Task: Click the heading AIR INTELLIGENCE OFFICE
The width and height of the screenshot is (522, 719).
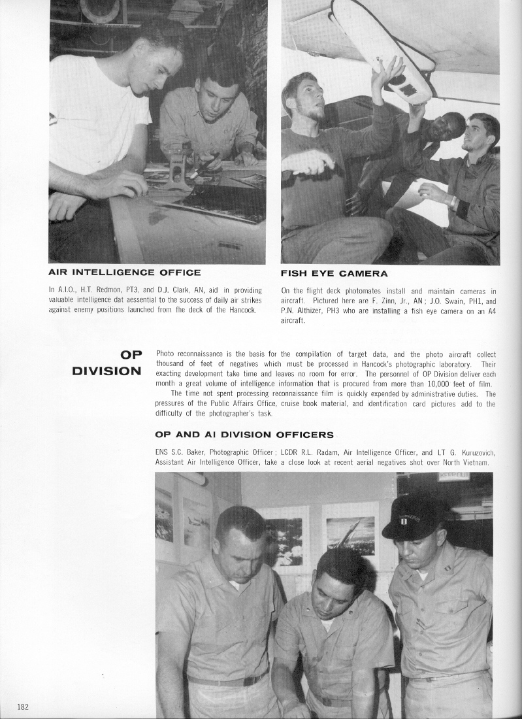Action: (125, 273)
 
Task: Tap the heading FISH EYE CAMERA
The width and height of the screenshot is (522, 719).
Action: (334, 273)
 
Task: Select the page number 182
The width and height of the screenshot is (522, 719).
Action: (23, 707)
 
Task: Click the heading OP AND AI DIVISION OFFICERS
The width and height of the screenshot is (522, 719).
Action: (244, 435)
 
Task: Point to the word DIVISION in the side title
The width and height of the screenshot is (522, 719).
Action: (106, 371)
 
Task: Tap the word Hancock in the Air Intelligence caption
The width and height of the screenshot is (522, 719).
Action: (243, 309)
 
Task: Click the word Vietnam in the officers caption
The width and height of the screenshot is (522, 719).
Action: (474, 462)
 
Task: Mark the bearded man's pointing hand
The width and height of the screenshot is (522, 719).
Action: (302, 160)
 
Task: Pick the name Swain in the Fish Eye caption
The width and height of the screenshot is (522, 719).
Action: (429, 301)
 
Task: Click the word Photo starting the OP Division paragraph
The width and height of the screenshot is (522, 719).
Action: (166, 354)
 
